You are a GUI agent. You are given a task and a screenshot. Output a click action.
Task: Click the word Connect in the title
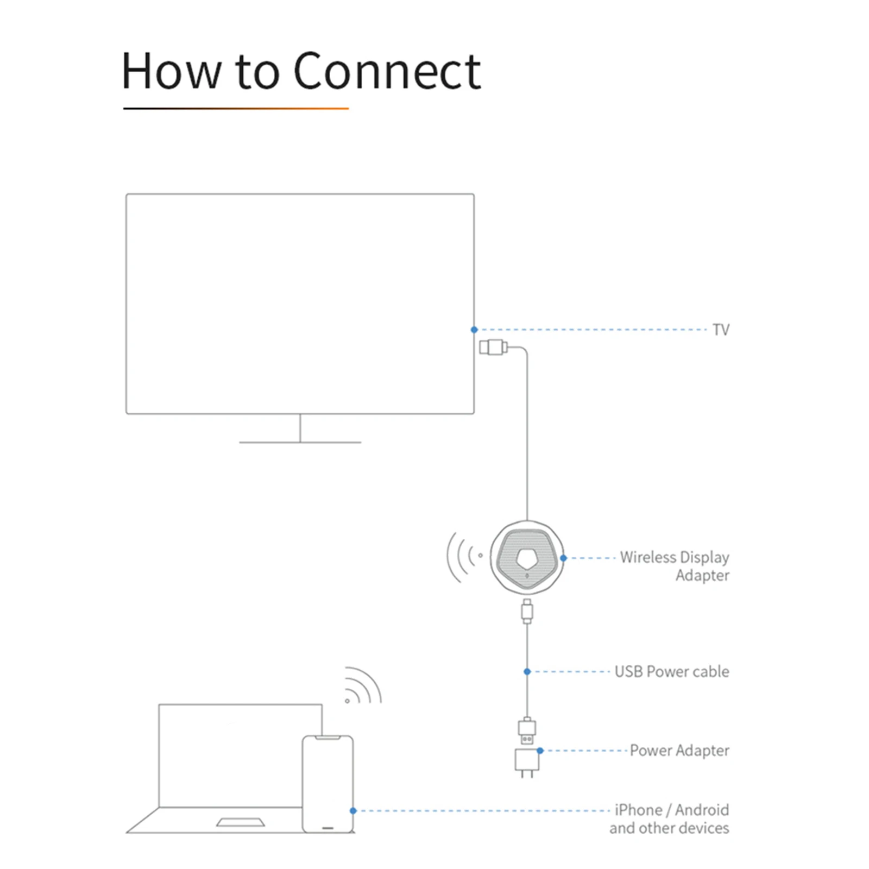click(387, 71)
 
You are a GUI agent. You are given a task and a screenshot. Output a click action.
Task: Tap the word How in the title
click(171, 71)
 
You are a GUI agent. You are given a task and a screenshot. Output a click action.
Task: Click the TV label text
click(721, 330)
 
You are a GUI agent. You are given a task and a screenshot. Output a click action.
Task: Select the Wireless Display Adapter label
click(675, 566)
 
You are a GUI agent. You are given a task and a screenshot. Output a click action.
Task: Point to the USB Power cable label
click(671, 671)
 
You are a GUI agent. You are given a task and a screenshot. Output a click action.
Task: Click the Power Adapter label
click(679, 750)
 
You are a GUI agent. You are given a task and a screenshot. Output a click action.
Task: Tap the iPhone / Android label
click(671, 810)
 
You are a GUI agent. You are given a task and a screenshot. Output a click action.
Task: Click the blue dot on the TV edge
click(474, 330)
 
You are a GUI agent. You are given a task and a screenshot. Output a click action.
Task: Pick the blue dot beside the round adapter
click(563, 558)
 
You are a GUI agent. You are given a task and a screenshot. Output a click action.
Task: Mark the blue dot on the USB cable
click(527, 672)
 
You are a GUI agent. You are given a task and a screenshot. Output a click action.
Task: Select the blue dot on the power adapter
click(540, 751)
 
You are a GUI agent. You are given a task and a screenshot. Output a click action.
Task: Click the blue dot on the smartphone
click(353, 810)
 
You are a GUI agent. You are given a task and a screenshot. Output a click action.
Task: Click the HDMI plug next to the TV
click(493, 347)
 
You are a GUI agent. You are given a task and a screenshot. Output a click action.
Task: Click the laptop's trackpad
click(241, 822)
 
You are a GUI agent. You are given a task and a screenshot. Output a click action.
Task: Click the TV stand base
click(300, 442)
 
